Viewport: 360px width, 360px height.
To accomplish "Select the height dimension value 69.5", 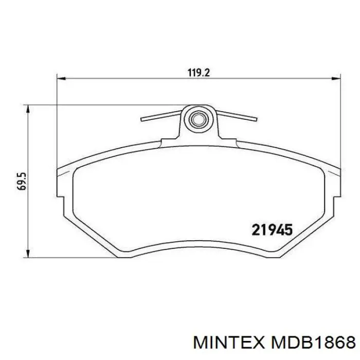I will [21, 181].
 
